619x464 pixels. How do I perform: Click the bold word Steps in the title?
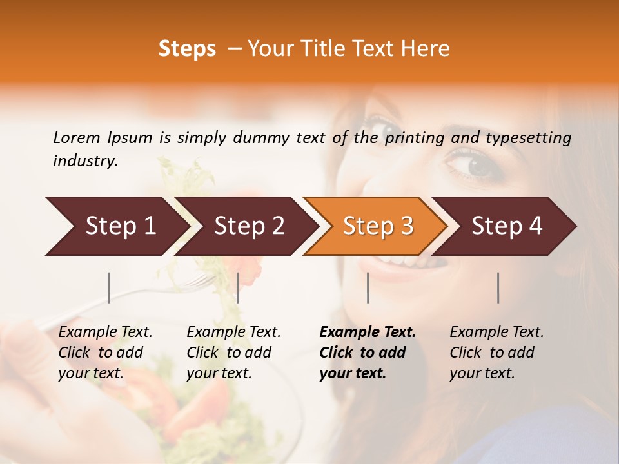(187, 49)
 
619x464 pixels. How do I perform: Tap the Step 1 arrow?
(120, 226)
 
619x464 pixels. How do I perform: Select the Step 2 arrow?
(249, 226)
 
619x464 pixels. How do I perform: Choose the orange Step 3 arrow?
(378, 226)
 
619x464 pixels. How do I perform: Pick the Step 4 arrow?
(507, 226)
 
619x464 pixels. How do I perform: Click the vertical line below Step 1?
(109, 287)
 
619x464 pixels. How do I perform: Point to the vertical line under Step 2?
(238, 287)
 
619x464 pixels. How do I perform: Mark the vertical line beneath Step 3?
(368, 287)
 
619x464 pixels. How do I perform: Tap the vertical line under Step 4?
(498, 287)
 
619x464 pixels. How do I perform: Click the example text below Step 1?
(105, 353)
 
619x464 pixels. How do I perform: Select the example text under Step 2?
(233, 353)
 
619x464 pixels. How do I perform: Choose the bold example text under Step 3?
(367, 353)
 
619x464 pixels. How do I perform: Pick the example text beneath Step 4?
(496, 353)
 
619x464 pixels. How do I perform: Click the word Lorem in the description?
(77, 137)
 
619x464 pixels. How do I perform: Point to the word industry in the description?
(85, 161)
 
